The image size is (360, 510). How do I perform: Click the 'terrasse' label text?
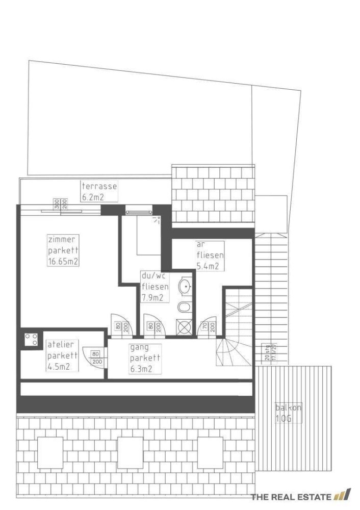[99, 186]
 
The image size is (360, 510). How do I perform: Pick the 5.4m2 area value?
[208, 266]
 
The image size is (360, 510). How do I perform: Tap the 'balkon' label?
[288, 407]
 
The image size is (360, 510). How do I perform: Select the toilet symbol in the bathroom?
[184, 307]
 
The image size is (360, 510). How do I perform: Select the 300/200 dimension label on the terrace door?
[61, 204]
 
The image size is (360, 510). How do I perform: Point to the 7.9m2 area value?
[152, 298]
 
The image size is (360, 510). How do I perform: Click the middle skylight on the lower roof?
[130, 452]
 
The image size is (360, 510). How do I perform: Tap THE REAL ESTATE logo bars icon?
[343, 495]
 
